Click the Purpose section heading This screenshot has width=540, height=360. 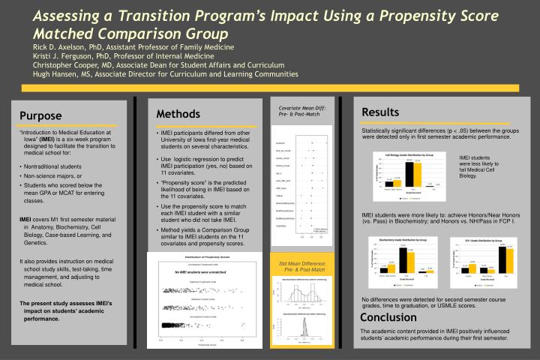point(41,115)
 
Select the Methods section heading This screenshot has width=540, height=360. point(178,113)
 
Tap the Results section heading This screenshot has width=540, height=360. point(379,112)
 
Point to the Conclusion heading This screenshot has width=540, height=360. point(388,317)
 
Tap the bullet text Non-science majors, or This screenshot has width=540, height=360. point(53,175)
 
